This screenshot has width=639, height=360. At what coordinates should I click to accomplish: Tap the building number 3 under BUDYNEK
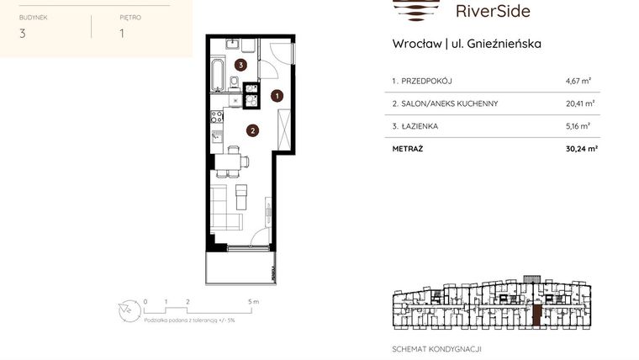22,34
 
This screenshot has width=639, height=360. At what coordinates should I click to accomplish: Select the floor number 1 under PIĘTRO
123,34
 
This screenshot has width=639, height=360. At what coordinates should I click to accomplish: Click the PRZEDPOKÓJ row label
425,81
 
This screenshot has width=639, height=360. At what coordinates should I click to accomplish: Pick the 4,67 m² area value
578,81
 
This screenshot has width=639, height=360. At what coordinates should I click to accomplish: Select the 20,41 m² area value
580,103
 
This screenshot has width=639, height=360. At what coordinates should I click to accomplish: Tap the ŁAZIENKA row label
418,126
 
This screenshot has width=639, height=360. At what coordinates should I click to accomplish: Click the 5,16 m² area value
578,126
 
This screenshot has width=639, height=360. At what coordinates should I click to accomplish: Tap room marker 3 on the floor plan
240,65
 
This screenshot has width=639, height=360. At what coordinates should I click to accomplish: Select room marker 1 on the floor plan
277,97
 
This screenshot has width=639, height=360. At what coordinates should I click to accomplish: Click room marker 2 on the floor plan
251,130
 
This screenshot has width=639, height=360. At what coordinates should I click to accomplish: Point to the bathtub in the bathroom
218,75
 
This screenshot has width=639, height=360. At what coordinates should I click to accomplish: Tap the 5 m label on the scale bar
255,300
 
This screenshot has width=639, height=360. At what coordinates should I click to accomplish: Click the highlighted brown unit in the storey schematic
536,315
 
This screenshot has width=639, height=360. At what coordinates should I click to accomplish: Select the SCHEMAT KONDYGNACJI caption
437,349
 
